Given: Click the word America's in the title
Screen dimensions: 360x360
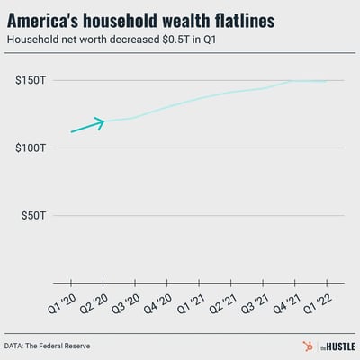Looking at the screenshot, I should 49,20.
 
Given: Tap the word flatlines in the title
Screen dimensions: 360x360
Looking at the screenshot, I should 273,20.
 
